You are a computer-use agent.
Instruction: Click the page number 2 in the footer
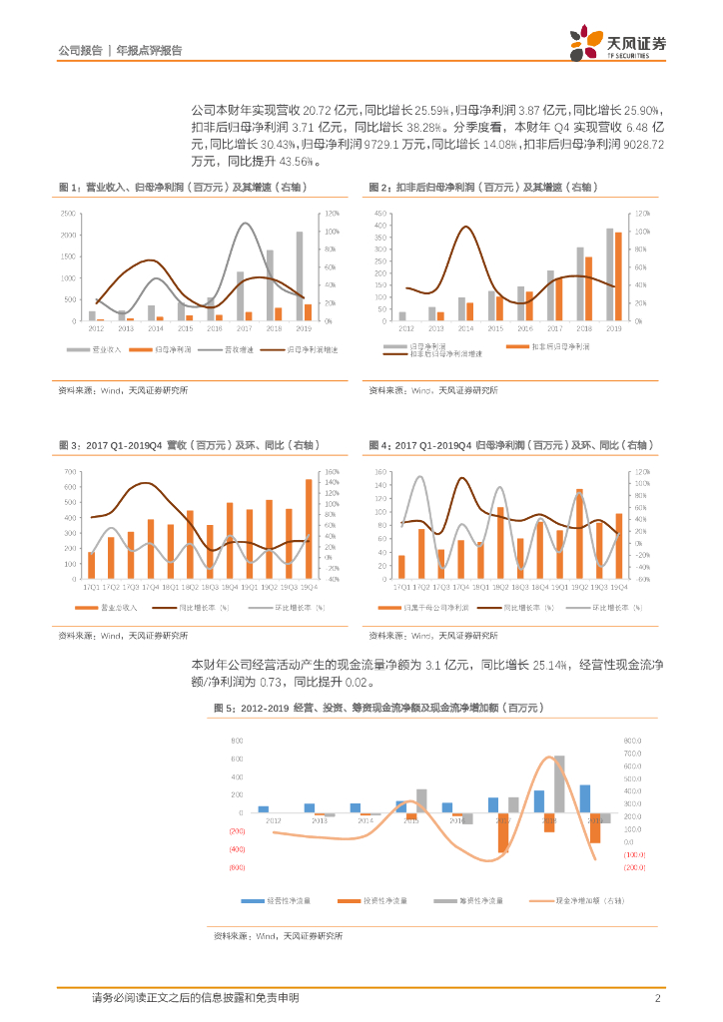coord(657,997)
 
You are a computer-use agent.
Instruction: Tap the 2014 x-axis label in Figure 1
coord(155,328)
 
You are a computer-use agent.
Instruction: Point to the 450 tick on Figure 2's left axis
coord(379,215)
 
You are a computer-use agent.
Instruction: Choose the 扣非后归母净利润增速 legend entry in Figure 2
coord(447,354)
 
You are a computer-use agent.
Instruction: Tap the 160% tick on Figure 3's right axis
coord(333,472)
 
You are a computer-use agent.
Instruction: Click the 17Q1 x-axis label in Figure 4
coord(401,587)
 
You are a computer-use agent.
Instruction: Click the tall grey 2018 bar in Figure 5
coord(559,783)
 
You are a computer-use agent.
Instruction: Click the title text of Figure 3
coord(170,444)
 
